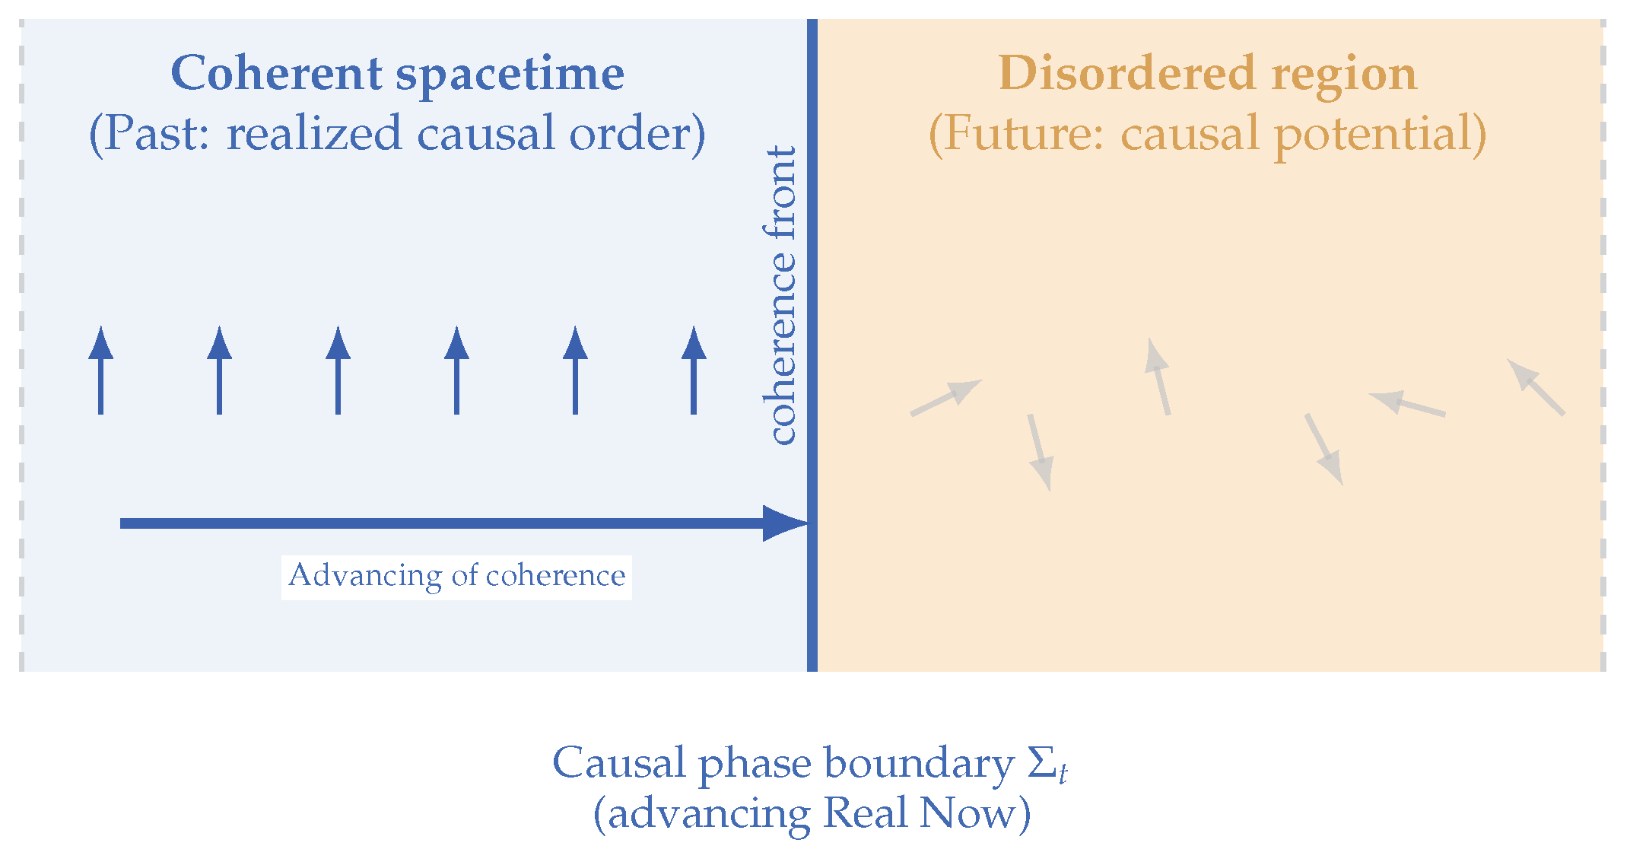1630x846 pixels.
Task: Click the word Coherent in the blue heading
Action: tap(276, 74)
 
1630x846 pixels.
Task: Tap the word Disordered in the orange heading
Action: tap(1126, 74)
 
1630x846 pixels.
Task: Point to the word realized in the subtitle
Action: tap(313, 133)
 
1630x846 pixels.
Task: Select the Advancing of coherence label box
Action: tap(456, 577)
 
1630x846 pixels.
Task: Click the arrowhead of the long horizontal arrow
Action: tap(783, 523)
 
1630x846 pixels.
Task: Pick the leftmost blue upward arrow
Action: tap(101, 371)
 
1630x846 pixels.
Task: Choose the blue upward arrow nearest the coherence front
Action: tap(694, 371)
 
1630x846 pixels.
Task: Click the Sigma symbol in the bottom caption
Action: tap(1043, 762)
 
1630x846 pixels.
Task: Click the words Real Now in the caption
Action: tap(919, 813)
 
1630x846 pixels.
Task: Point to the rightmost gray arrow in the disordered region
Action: tap(1536, 387)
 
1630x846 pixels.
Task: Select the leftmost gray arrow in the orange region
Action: tap(946, 397)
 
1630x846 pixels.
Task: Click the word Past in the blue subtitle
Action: tap(156, 133)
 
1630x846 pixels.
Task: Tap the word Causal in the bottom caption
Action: tap(618, 762)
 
